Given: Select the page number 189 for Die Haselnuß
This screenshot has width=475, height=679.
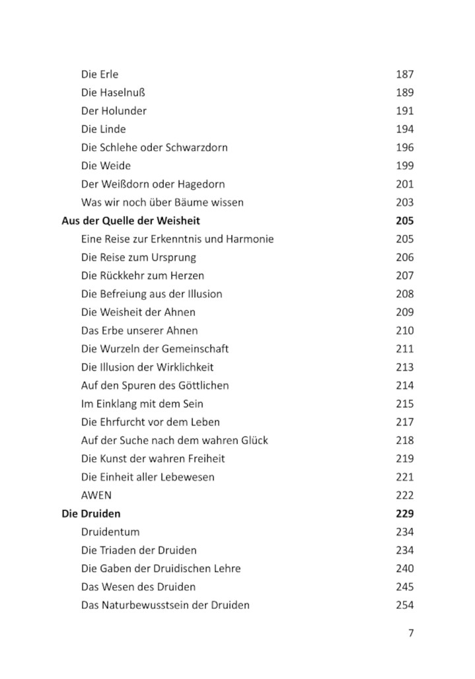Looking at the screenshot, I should point(404,92).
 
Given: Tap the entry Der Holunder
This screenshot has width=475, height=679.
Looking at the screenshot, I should point(113,111).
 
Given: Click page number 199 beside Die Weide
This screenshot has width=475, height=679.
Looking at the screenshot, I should point(404,166).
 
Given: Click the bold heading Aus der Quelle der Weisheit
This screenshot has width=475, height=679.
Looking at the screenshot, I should point(131,221).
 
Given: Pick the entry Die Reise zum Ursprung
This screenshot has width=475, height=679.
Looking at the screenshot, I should point(139,258).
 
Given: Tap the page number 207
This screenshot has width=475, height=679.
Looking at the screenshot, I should point(404,275).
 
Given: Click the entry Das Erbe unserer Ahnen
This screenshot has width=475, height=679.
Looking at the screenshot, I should point(139,330).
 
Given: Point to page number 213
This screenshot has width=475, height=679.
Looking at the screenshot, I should point(404,367).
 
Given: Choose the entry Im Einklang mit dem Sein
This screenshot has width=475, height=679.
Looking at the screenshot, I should point(142,404).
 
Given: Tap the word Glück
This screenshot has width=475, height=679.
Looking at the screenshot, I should point(253,440).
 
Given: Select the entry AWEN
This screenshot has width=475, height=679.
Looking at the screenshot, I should point(96,495).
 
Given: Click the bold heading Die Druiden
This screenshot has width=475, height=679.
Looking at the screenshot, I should point(91,513).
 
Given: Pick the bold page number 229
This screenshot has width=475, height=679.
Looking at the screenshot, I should point(404,513).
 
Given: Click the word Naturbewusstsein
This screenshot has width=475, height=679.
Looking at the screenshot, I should point(145,604).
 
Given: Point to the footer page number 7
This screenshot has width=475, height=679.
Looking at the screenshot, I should point(411,633).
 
